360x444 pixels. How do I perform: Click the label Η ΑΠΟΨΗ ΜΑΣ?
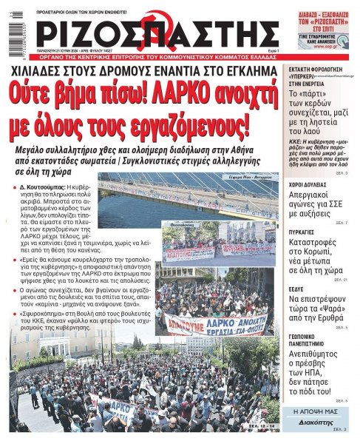point(316,411)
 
